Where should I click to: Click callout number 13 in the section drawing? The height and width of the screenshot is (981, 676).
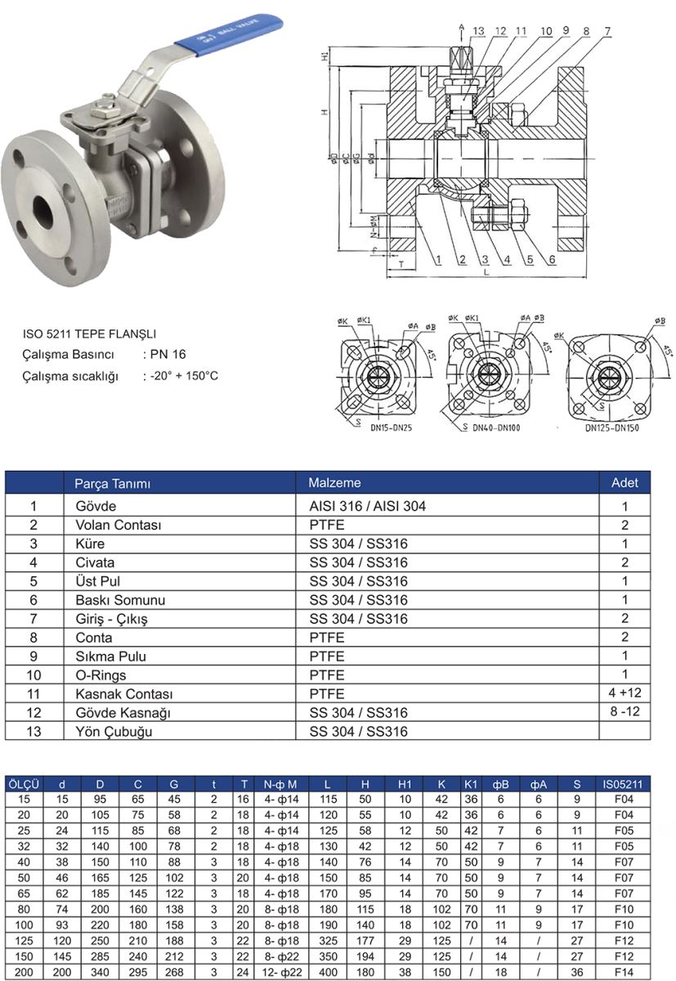pyautogui.click(x=479, y=31)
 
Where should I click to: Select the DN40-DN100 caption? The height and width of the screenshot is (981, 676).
pyautogui.click(x=497, y=428)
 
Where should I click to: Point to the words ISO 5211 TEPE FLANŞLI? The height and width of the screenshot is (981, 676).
pyautogui.click(x=89, y=334)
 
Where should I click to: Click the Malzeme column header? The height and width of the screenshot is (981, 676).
pyautogui.click(x=334, y=482)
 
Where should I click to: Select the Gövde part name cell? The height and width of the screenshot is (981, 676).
pyautogui.click(x=96, y=506)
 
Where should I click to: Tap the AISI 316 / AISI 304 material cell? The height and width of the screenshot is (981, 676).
pyautogui.click(x=367, y=506)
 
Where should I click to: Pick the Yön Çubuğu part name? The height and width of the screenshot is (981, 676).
pyautogui.click(x=111, y=732)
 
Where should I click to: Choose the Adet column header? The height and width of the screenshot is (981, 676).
pyautogui.click(x=625, y=482)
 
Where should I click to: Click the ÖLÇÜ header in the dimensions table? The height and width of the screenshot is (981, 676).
pyautogui.click(x=24, y=783)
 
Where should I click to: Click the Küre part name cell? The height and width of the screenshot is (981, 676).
pyautogui.click(x=90, y=544)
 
